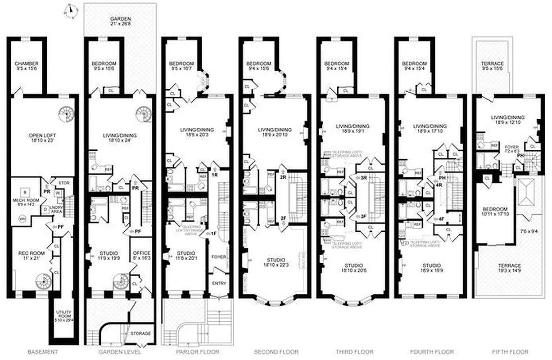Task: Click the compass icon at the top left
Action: pyautogui.click(x=70, y=11)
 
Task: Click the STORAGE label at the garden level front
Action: pyautogui.click(x=140, y=333)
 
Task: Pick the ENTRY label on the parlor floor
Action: pyautogui.click(x=219, y=283)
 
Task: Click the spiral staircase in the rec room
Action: pyautogui.click(x=44, y=282)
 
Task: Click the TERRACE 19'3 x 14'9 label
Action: pyautogui.click(x=506, y=269)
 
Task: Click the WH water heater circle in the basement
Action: pyautogui.click(x=21, y=219)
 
